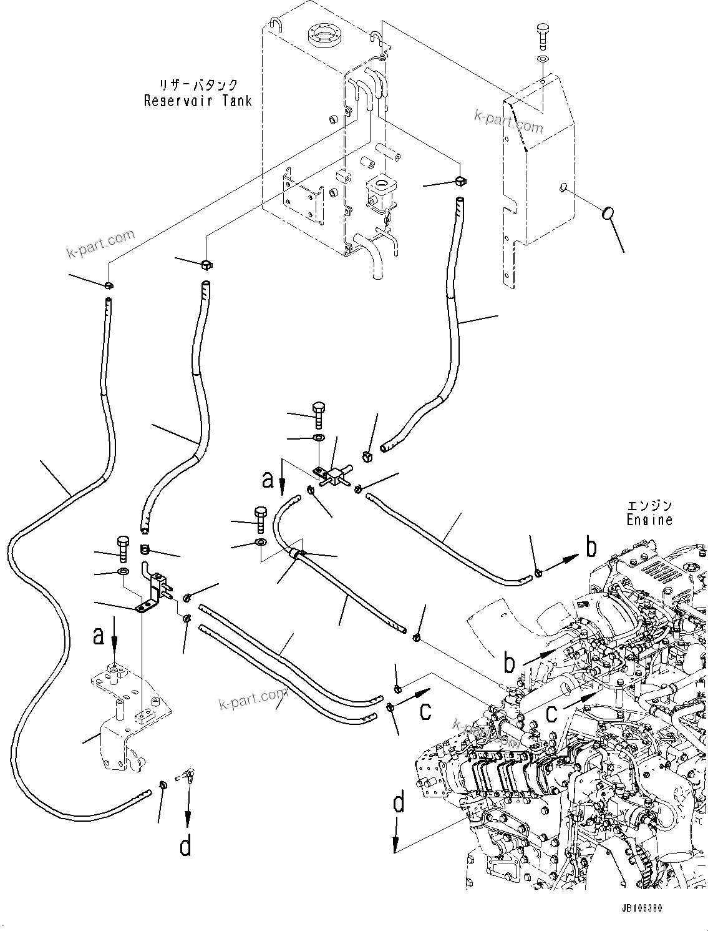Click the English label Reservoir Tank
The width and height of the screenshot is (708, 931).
197,101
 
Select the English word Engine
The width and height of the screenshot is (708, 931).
650,519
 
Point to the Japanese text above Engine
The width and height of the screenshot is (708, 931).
650,505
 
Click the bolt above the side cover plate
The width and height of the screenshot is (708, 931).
542,34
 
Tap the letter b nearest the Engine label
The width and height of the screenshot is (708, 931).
590,548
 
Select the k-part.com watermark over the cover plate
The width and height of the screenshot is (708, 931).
508,121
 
